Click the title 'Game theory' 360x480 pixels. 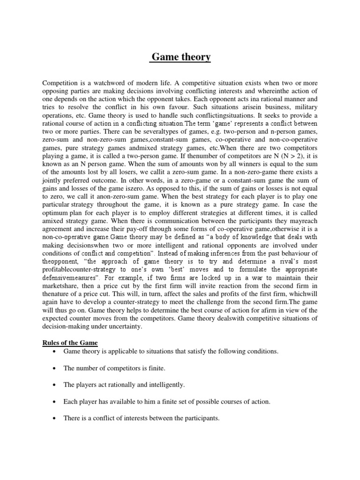coord(180,57)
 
